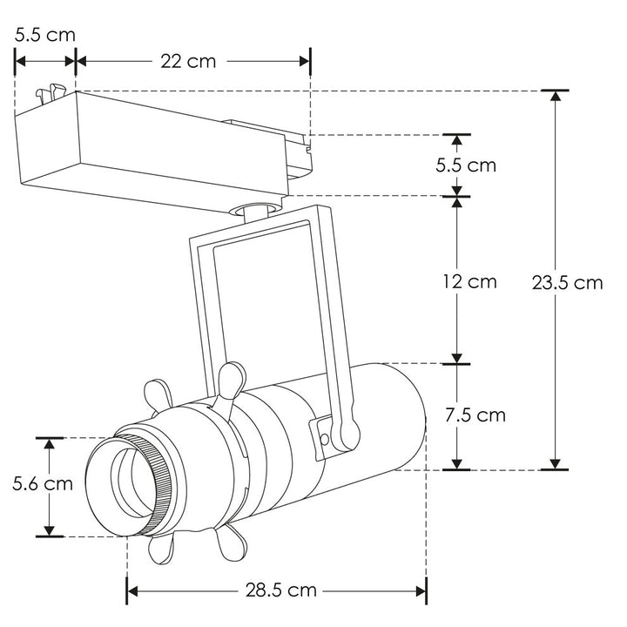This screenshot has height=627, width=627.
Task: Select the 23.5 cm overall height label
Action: [567, 283]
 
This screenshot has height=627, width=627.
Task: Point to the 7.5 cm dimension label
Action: [475, 415]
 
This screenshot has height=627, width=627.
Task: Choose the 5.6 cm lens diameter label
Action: [43, 484]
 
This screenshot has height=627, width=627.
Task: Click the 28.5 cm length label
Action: [279, 590]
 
